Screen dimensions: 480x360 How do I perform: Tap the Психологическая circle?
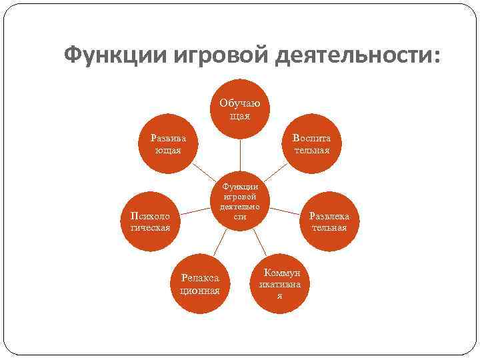tap(150, 221)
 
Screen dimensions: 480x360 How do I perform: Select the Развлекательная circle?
tap(329, 221)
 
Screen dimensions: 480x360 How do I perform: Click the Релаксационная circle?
tap(200, 283)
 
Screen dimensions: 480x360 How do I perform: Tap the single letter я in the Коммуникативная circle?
tap(279, 295)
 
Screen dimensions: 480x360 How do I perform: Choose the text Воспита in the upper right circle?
tap(311, 138)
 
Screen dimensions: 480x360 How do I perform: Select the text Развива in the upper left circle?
tap(169, 138)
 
